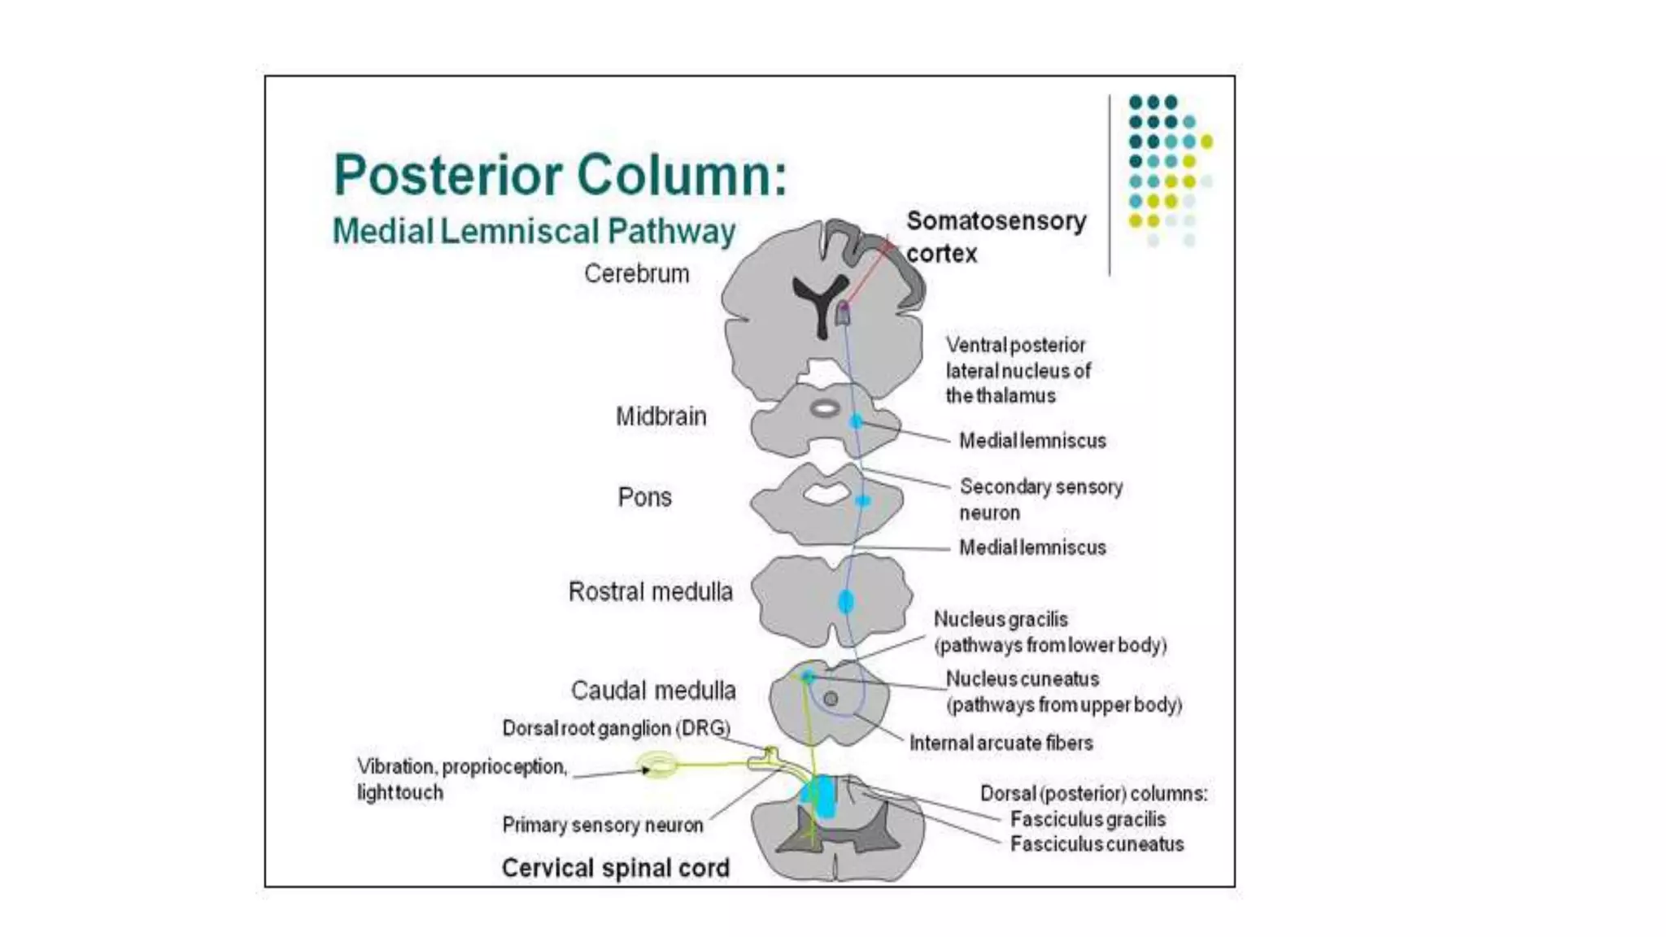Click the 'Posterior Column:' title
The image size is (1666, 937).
[560, 175]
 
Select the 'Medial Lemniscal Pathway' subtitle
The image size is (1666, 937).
[534, 232]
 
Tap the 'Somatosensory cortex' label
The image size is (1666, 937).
[996, 236]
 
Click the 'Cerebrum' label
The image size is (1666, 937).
[636, 274]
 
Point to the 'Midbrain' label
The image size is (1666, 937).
[661, 416]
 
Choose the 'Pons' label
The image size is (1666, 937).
[644, 497]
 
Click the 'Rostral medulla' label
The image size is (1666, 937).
[650, 591]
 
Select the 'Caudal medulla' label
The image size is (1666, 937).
[653, 691]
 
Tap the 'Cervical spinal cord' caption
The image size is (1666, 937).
[615, 868]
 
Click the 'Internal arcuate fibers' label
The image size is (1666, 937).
[1001, 743]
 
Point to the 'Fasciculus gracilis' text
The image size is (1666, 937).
[1088, 819]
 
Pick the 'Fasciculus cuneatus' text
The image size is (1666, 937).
[1097, 844]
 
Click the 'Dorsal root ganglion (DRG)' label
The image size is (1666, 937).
[616, 728]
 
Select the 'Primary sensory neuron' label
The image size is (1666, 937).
[602, 825]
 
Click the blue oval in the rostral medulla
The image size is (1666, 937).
[846, 602]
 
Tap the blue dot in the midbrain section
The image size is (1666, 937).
[856, 421]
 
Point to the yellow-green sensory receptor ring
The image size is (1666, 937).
[657, 765]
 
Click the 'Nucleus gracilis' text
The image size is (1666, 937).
[1000, 619]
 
